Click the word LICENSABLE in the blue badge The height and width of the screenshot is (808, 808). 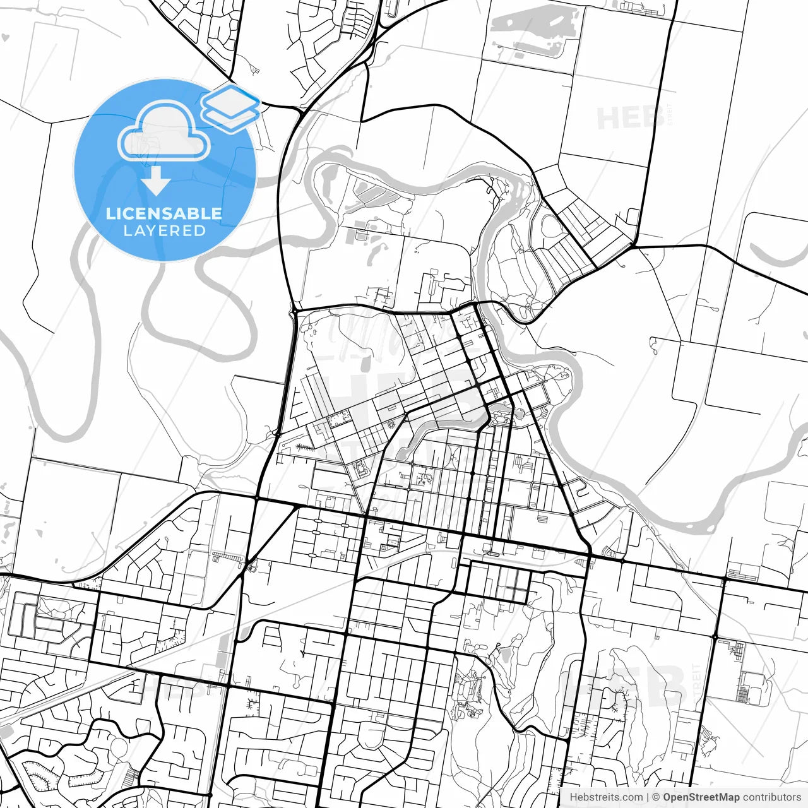coord(164,213)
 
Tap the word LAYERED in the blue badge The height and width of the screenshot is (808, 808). coord(164,230)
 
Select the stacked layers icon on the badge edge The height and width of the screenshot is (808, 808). coord(231,107)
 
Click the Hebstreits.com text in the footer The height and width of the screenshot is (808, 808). coord(606,797)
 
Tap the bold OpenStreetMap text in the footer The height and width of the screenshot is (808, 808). coord(701,797)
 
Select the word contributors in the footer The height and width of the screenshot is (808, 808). coord(771,797)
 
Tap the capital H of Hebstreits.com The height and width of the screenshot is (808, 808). coord(573,797)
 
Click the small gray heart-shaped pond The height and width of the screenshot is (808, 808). coord(6,38)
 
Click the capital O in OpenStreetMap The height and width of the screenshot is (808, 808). coord(667,797)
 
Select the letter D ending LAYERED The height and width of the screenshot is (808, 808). coord(200,230)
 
